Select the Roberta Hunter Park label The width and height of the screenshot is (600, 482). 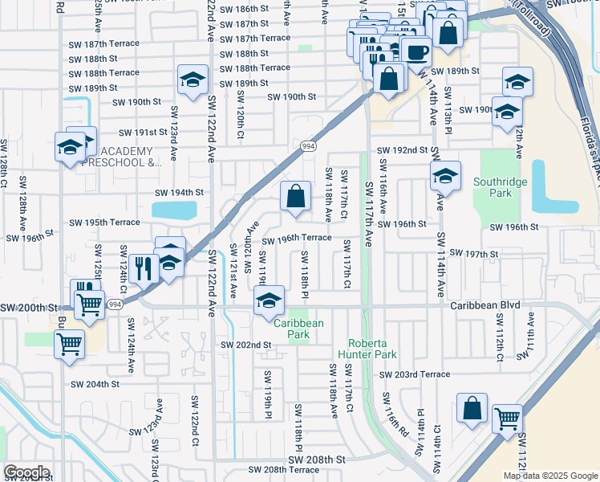(374, 349)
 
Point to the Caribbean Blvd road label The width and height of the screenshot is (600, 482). (485, 305)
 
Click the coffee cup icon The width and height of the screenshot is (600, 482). (416, 52)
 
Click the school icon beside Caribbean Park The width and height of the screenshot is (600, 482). (269, 302)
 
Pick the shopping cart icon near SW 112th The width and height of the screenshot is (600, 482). (506, 417)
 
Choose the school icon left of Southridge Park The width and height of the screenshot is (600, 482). (445, 175)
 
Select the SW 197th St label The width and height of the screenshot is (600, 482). (474, 253)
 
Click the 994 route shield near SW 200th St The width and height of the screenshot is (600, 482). (115, 304)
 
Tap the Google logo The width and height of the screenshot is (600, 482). (26, 472)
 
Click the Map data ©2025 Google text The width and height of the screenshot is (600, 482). (549, 476)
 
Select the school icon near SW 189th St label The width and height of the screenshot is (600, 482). (192, 80)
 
